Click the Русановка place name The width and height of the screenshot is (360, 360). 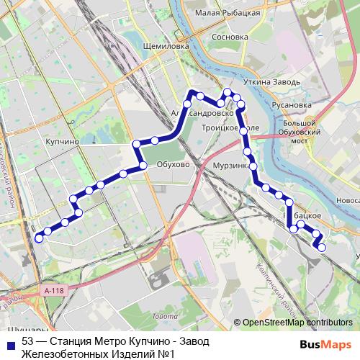(292, 104)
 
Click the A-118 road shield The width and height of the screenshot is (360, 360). (54, 289)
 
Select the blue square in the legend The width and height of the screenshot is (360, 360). (9, 343)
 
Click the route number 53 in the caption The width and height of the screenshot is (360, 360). (28, 342)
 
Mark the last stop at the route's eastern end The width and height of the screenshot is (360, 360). (321, 248)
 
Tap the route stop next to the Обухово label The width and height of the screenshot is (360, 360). (143, 166)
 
